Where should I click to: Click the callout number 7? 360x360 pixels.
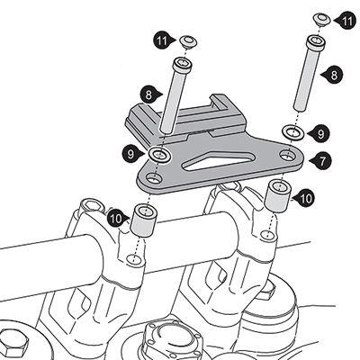coord(322,161)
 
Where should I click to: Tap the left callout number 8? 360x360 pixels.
coord(149,95)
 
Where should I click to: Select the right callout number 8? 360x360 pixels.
coord(334,75)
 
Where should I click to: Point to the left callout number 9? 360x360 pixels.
coord(131,155)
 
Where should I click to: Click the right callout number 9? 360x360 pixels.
coord(320,134)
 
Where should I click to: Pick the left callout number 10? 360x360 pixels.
coord(116,219)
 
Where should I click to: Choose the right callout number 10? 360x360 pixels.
coord(305,199)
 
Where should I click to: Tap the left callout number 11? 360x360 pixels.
coord(163,41)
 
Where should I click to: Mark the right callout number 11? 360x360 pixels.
coord(346,21)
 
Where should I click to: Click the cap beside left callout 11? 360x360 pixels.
coord(188,41)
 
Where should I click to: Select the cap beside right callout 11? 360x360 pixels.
coord(322,19)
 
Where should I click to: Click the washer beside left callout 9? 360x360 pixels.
coord(160,155)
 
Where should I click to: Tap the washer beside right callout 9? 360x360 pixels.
coord(293,132)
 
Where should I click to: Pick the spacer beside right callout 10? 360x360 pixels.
coord(278,196)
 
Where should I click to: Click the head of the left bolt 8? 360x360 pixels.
coord(182,65)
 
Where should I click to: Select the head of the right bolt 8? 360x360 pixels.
coord(316,43)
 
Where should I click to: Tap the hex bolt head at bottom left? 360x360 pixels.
coord(13,343)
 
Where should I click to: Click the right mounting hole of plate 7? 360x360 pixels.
coord(288,155)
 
